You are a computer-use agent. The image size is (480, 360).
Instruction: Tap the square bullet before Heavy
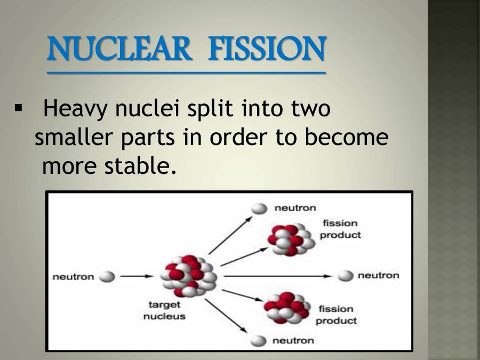20,109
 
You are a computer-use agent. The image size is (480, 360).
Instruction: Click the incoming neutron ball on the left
107,276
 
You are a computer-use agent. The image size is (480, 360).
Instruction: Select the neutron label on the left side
73,277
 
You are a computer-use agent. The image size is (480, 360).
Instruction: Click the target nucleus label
164,310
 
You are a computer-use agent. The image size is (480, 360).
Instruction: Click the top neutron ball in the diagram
259,209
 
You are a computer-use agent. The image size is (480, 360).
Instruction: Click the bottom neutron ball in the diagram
259,341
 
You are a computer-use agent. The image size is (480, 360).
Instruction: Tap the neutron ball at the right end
346,276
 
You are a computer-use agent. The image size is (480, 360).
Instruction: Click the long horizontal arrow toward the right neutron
277,276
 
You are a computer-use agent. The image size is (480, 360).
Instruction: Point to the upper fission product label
340,229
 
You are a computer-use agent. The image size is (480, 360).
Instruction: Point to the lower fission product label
336,315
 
